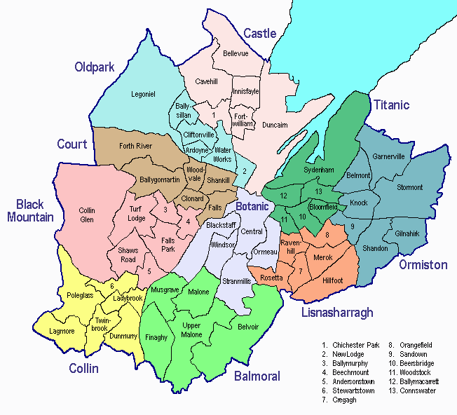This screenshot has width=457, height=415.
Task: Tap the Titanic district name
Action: point(390,105)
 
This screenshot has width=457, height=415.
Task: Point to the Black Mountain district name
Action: point(30,210)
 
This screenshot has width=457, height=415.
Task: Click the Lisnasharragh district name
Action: point(338,312)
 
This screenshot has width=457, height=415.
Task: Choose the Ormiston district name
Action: point(423,265)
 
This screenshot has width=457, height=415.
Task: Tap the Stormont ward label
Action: point(410,187)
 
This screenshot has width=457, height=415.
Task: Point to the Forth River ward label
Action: point(135,147)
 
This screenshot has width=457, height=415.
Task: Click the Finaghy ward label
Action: point(156,337)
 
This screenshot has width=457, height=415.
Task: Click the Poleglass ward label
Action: point(79,296)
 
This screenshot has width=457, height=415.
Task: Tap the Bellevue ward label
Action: point(236,53)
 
